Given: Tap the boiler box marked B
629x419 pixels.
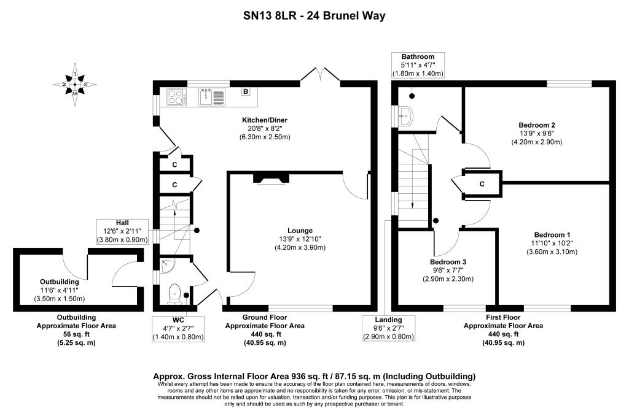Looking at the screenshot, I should pyautogui.click(x=246, y=92).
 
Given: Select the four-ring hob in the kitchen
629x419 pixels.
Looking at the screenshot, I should pyautogui.click(x=176, y=97).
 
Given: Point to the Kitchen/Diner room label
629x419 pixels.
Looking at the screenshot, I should pyautogui.click(x=264, y=120).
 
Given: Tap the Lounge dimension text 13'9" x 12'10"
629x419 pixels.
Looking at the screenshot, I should pyautogui.click(x=300, y=239).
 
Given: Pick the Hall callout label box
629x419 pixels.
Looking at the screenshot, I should pyautogui.click(x=122, y=231).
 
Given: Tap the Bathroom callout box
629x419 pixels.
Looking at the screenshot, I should pyautogui.click(x=418, y=65).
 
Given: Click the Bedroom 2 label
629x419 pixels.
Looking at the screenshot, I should pyautogui.click(x=536, y=125).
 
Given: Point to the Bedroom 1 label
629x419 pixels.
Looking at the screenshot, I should pyautogui.click(x=552, y=235).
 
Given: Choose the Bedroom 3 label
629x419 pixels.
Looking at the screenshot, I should pyautogui.click(x=448, y=262).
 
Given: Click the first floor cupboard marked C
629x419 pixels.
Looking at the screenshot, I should pyautogui.click(x=481, y=183).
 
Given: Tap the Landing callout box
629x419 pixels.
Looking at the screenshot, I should pyautogui.click(x=388, y=328).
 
